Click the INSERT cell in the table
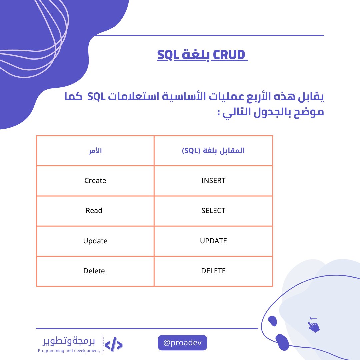[x=213, y=181]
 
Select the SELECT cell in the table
[x=213, y=211]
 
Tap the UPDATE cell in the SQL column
[x=213, y=241]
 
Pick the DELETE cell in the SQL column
[x=213, y=271]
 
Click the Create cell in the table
[x=95, y=181]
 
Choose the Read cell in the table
[x=94, y=211]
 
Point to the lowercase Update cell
[x=95, y=241]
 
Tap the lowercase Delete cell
[x=94, y=271]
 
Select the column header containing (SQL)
[x=213, y=151]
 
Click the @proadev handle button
[x=182, y=343]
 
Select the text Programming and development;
[x=69, y=351]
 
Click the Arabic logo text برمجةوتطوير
[x=69, y=341]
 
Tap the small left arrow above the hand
[x=313, y=318]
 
